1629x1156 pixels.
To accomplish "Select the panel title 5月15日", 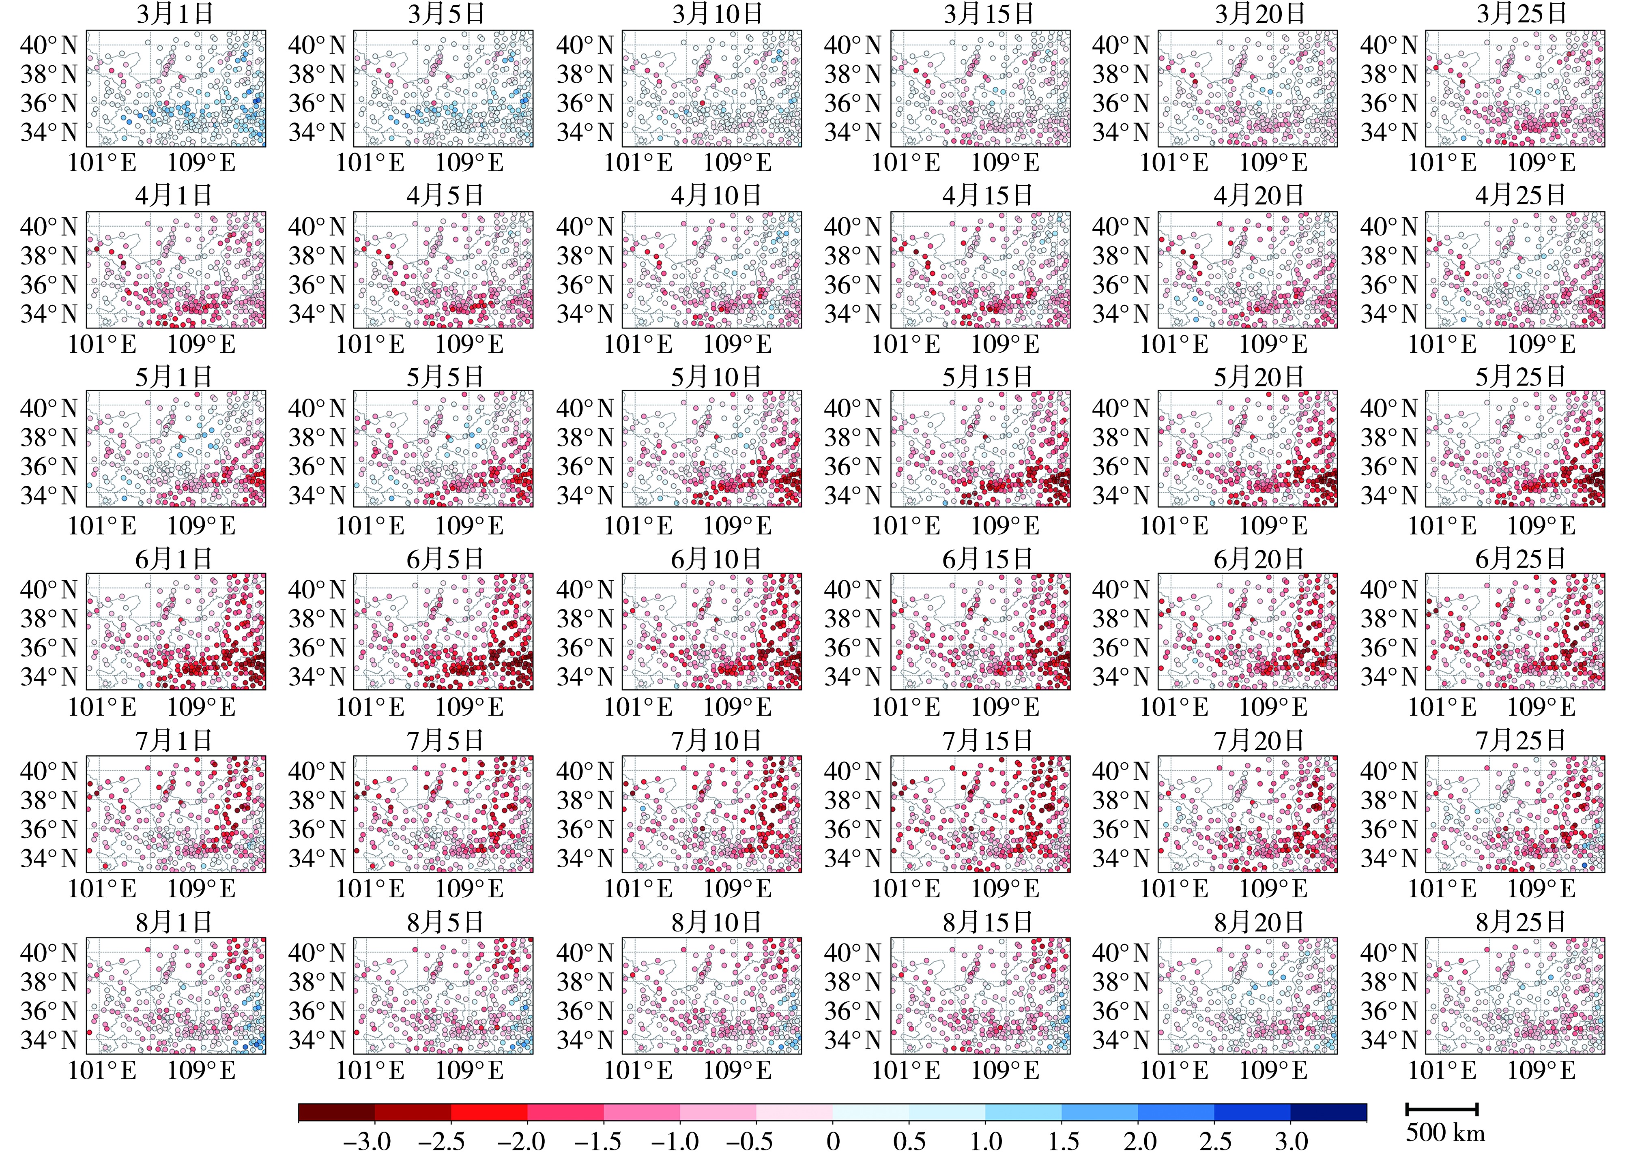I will (988, 377).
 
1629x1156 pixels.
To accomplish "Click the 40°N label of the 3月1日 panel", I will (48, 45).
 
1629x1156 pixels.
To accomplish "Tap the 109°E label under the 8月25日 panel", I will (1541, 1070).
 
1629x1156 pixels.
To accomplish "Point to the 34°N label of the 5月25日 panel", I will (1388, 495).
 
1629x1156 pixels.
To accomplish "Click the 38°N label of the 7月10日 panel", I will (585, 800).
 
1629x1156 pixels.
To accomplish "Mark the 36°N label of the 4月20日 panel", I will (1121, 285).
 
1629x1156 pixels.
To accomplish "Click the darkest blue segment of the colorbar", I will (1328, 1112).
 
